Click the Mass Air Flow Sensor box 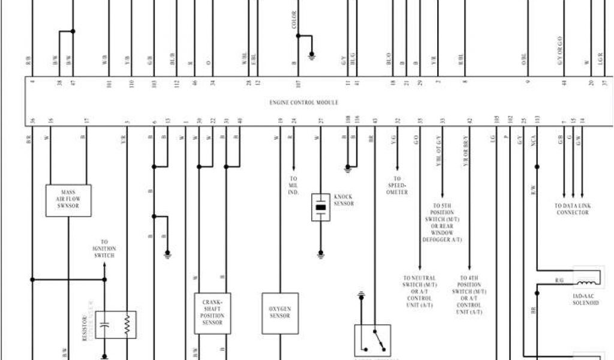pos(68,200)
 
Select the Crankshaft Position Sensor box pos(212,313)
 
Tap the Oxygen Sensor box pos(279,313)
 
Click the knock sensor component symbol pos(321,208)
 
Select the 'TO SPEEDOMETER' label pos(397,185)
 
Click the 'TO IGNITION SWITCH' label pos(104,248)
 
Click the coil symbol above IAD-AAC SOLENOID pos(587,281)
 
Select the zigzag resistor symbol pos(127,325)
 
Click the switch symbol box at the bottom pos(372,340)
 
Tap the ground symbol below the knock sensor pos(321,254)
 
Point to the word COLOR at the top pos(294,20)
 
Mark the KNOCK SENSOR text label pos(344,200)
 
